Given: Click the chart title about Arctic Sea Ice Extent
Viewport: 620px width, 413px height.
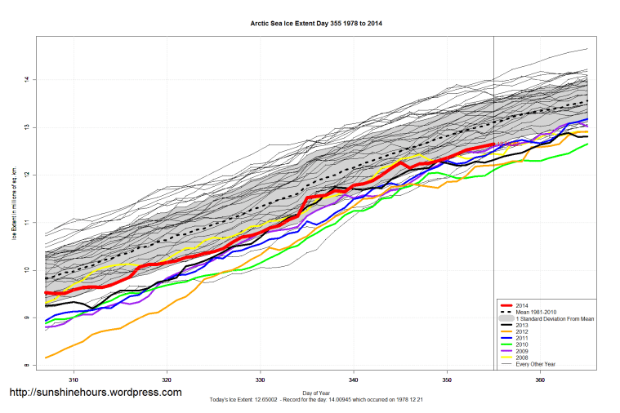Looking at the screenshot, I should click(x=316, y=23).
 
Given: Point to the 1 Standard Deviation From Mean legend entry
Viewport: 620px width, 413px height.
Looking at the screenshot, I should click(x=551, y=318).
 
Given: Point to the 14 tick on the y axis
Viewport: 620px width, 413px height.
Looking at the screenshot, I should click(x=28, y=79).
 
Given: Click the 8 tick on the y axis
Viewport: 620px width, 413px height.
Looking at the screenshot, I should click(x=28, y=365).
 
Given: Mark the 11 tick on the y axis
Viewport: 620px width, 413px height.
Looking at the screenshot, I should click(x=28, y=222).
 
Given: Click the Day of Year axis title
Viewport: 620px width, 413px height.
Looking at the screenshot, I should click(x=316, y=393).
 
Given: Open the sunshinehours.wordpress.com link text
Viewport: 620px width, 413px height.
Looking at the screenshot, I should click(x=96, y=393).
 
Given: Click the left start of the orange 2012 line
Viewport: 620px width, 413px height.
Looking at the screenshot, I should click(x=46, y=357).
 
